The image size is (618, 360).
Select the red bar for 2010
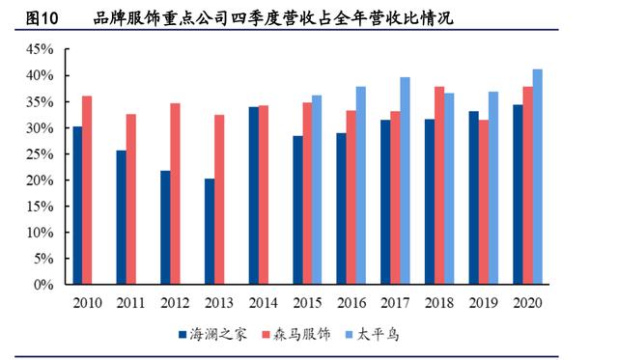coord(88,190)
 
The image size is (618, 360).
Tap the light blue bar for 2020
coord(538,177)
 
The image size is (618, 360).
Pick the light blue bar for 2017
coord(405,180)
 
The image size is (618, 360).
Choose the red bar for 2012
coord(176,194)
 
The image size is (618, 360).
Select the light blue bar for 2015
coord(317,190)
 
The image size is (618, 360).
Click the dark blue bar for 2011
coord(121,217)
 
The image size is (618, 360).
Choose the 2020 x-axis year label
coord(526,302)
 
